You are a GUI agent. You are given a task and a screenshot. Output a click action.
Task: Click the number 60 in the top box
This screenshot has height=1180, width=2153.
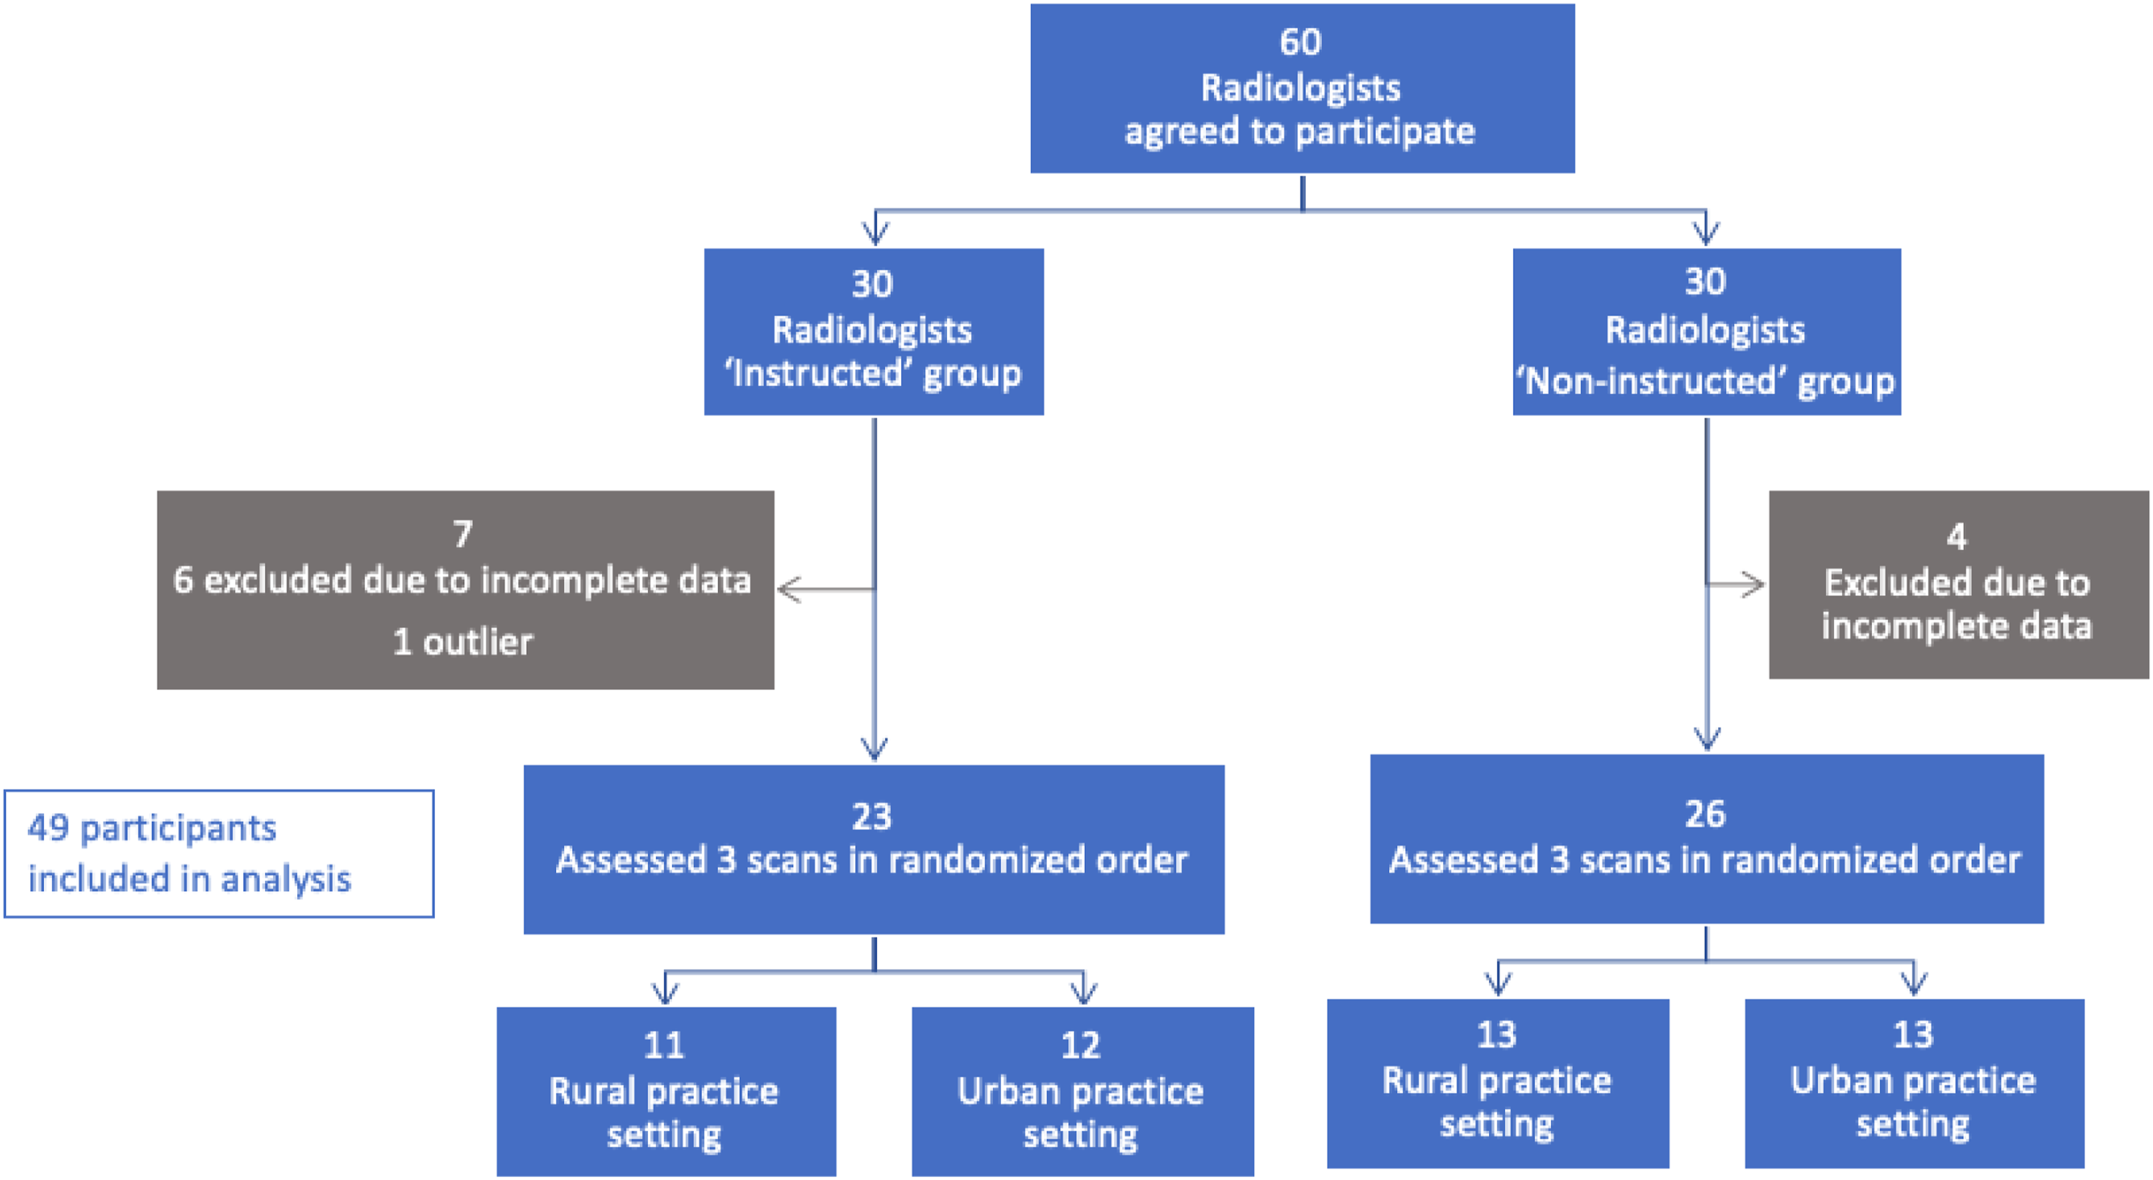(x=1301, y=42)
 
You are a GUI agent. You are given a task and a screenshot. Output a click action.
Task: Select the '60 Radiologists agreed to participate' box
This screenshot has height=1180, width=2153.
(x=1302, y=88)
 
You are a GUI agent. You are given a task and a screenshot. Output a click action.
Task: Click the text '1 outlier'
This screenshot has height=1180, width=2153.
(x=462, y=642)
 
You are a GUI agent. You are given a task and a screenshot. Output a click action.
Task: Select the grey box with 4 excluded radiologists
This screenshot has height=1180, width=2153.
(x=1958, y=584)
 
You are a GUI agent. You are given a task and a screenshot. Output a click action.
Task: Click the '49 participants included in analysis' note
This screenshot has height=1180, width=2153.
(x=219, y=853)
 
